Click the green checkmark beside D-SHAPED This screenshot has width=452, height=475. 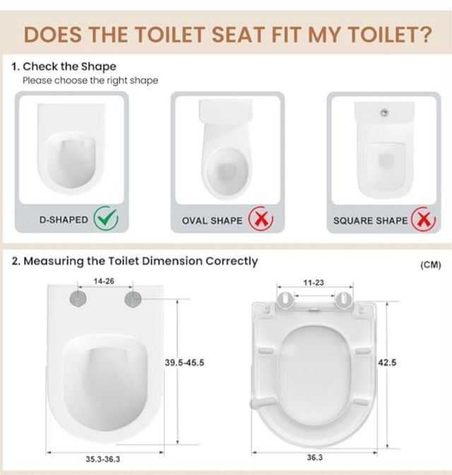click(x=106, y=220)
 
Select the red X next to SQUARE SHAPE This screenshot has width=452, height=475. click(x=424, y=220)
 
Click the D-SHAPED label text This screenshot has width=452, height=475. click(x=64, y=220)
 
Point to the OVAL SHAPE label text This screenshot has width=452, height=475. click(x=212, y=221)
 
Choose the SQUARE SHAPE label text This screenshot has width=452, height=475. click(x=371, y=221)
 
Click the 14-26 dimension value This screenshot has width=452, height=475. click(x=104, y=281)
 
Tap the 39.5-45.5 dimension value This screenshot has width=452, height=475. click(x=184, y=363)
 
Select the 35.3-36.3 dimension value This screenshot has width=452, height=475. click(x=102, y=459)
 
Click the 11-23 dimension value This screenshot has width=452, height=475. click(x=314, y=283)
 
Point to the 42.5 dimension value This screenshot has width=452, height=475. click(x=388, y=363)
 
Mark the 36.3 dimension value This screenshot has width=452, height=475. click(x=314, y=458)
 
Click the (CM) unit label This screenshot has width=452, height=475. click(x=430, y=265)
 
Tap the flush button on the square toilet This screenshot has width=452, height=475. click(x=384, y=112)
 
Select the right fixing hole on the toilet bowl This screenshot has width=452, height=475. click(x=131, y=300)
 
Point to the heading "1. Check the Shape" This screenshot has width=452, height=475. click(x=64, y=66)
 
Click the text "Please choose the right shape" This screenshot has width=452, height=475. click(x=90, y=81)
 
